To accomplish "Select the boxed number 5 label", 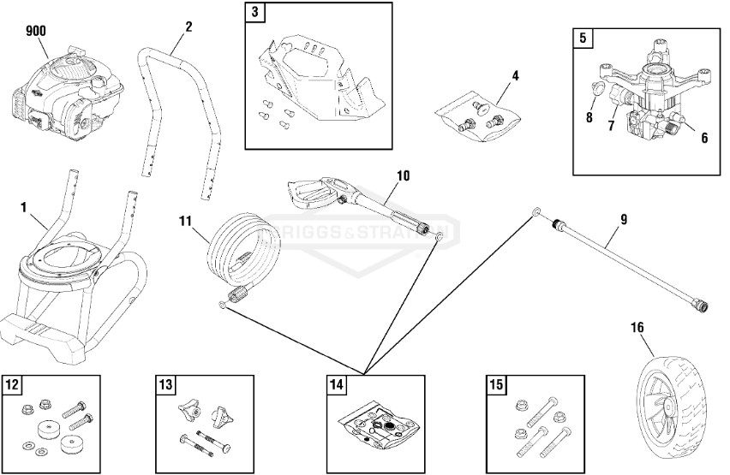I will (x=583, y=38).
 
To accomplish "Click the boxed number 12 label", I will (x=12, y=384).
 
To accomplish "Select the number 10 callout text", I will (x=403, y=176).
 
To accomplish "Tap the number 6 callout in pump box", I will (x=703, y=137).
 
